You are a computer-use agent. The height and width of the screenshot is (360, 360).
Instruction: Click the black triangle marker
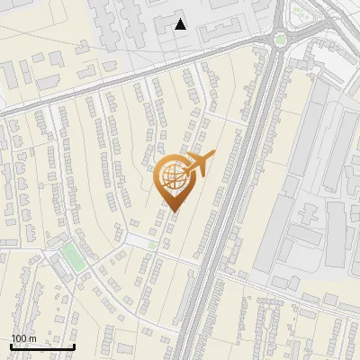coord(181,24)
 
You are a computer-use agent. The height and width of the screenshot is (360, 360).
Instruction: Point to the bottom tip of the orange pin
coord(172,213)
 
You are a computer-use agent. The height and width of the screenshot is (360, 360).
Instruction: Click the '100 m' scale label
coord(23,338)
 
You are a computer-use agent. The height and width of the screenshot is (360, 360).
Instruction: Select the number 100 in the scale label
coord(19,338)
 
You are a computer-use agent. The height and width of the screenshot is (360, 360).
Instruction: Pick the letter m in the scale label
coord(32,338)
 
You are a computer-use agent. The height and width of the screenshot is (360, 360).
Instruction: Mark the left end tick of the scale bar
coord(11,345)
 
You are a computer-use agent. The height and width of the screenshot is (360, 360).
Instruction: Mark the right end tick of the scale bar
coord(75,345)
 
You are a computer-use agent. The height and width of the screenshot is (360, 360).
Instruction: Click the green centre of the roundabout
coord(281,39)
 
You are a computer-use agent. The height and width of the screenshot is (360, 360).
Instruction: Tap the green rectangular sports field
coord(73,255)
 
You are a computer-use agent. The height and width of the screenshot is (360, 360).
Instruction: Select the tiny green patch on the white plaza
coord(153,245)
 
